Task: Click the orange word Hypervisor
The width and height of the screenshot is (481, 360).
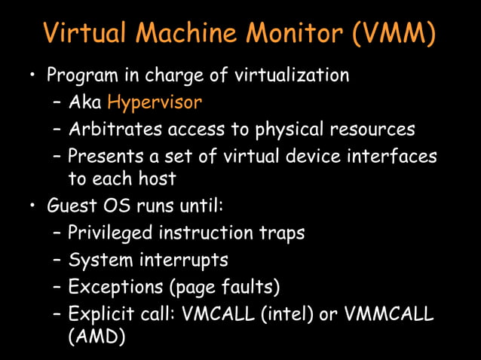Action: [x=155, y=102]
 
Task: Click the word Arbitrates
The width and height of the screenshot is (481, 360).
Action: [x=113, y=129]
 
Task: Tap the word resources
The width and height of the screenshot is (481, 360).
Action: [x=373, y=129]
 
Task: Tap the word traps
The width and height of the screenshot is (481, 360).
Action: [x=280, y=233]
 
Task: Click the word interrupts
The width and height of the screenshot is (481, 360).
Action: [x=182, y=260]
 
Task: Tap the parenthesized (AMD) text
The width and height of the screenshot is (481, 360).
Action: [x=97, y=338]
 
